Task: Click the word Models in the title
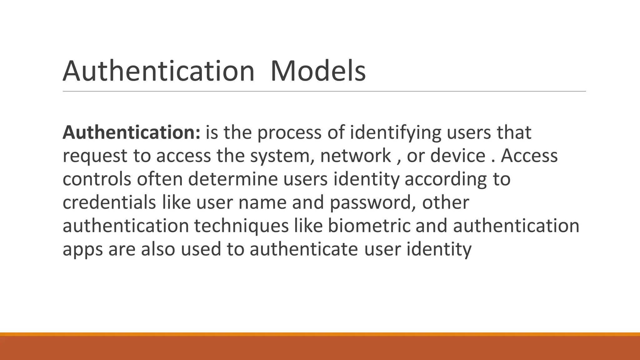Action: point(318,71)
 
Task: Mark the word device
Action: point(458,156)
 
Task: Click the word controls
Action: point(97,179)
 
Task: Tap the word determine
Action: point(233,179)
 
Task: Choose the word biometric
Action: point(369,226)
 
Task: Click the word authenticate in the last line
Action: point(304,249)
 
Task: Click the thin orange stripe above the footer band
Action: point(320,334)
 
